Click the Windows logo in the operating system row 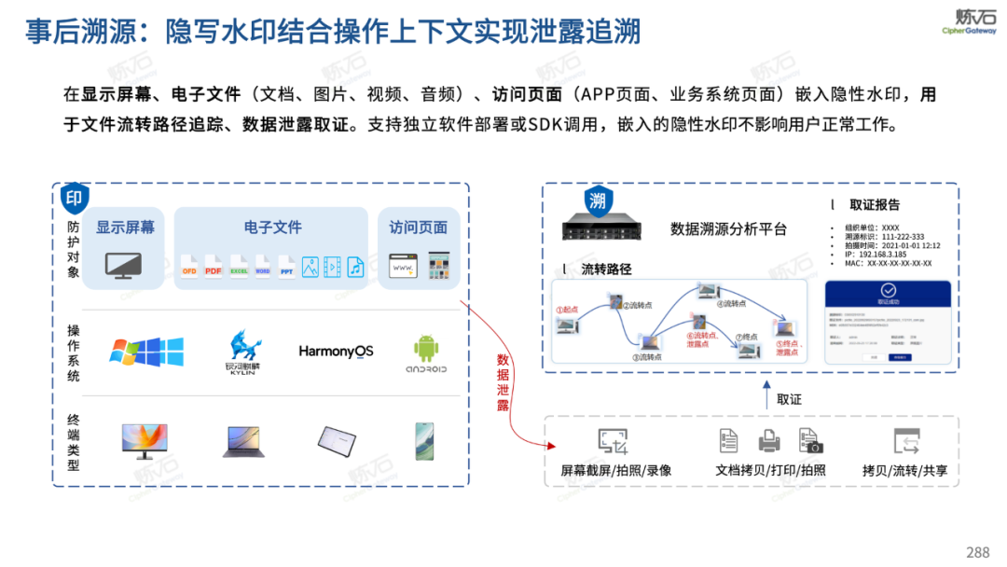[146, 352]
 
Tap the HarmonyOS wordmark [336, 351]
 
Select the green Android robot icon [426, 349]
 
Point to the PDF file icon [214, 267]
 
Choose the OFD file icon [188, 267]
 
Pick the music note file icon [355, 267]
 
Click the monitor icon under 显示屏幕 [124, 266]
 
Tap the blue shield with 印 [76, 198]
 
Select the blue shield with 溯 [598, 201]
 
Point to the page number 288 [977, 552]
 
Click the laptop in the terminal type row [242, 441]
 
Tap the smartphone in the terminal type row [424, 440]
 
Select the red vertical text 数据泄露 [503, 382]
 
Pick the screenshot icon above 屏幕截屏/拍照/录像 [613, 441]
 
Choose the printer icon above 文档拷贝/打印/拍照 [769, 441]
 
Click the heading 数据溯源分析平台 [728, 229]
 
